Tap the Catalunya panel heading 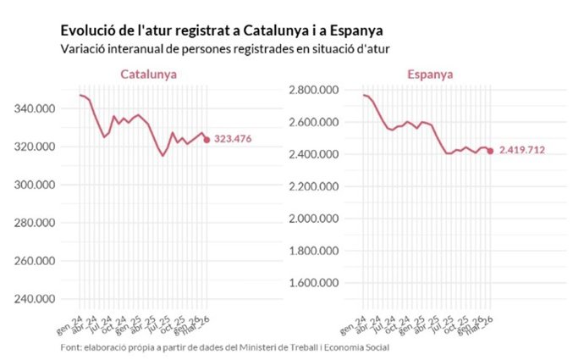click(148, 74)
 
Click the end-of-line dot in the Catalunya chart click(206, 140)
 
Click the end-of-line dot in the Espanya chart click(490, 152)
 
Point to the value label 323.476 click(234, 140)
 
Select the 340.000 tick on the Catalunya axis click(36, 108)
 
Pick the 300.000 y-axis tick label click(36, 185)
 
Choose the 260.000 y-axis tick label click(36, 260)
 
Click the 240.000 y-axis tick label click(36, 298)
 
